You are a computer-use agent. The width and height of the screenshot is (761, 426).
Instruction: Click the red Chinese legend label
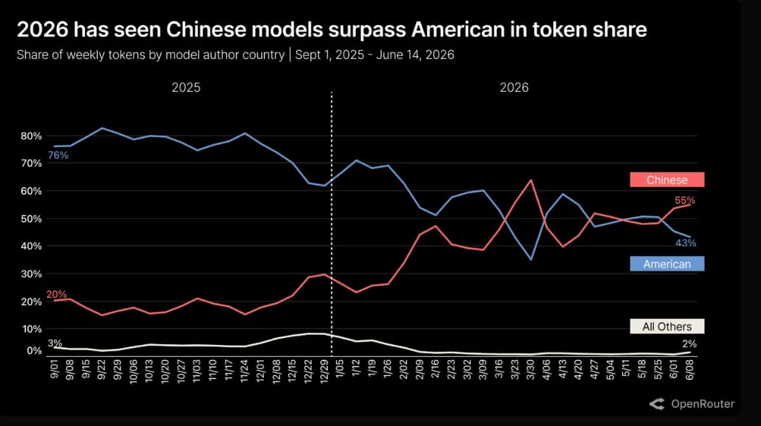pos(667,179)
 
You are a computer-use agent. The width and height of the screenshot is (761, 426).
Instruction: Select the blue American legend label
pos(667,264)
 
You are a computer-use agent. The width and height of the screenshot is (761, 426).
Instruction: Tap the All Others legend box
pos(667,326)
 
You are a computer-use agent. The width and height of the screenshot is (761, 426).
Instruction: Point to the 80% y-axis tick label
pos(31,136)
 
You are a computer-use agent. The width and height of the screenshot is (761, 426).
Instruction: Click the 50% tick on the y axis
pos(31,219)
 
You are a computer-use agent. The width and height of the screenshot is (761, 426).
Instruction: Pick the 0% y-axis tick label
pos(34,350)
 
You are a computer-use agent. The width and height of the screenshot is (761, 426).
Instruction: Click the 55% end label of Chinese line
pos(684,200)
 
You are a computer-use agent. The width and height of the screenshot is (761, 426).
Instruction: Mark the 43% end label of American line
pos(686,243)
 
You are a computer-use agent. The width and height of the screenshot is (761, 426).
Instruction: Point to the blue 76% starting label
pos(58,155)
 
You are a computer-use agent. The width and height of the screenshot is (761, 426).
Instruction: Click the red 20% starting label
pos(56,294)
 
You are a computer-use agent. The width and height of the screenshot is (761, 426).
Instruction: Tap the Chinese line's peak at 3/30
pos(531,179)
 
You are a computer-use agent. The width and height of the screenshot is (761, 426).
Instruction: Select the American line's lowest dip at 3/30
pos(531,260)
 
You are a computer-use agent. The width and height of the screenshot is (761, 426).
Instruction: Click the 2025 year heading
pos(186,87)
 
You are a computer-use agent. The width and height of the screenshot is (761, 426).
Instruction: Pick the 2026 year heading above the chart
pos(514,87)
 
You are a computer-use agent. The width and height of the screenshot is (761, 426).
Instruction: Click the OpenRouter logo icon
pos(657,404)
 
